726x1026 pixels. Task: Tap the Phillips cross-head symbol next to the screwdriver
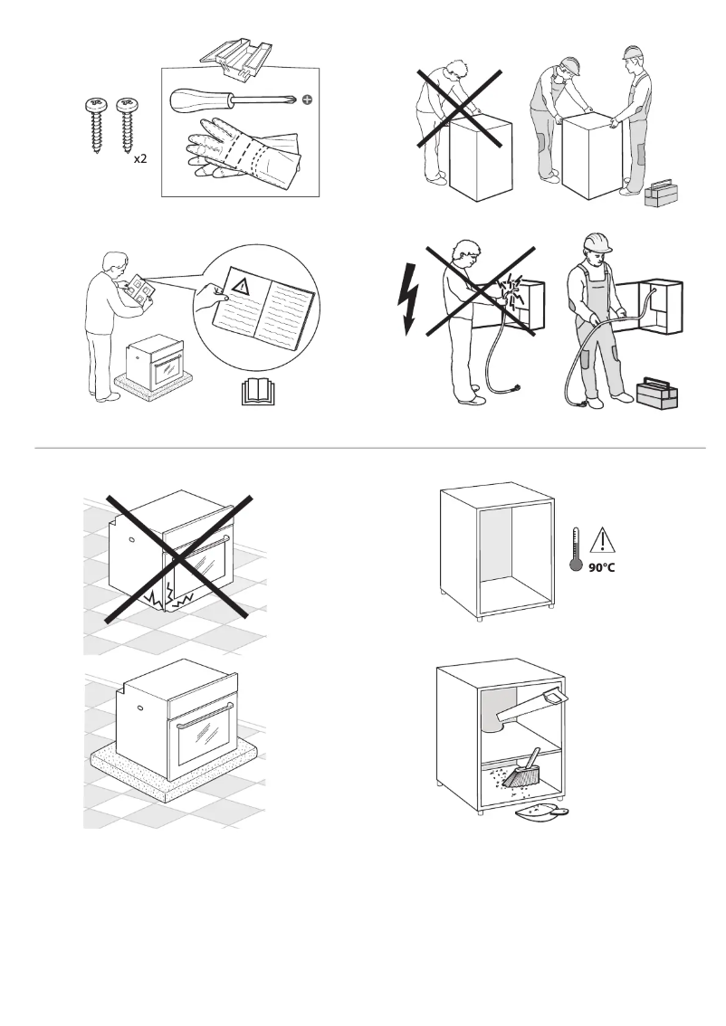(308, 100)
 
